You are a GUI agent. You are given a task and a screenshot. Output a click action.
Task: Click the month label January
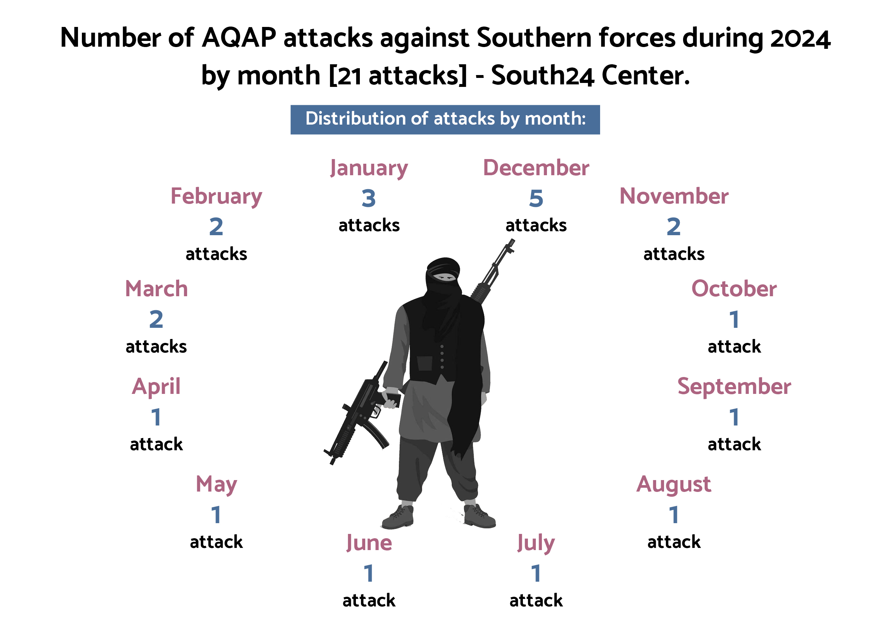(x=369, y=169)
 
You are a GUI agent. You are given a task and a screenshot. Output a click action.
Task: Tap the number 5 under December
(x=536, y=199)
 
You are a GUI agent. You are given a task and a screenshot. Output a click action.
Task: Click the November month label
(x=674, y=196)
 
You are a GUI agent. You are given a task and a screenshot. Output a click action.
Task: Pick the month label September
(x=734, y=387)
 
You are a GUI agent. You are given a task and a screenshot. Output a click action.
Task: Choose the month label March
(x=156, y=289)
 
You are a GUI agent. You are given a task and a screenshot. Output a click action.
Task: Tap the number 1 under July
(x=536, y=573)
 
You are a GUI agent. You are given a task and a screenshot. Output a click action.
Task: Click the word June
(x=369, y=543)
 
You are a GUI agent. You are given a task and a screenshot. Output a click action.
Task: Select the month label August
(x=674, y=485)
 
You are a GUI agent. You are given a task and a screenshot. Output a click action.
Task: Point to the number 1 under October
(x=734, y=319)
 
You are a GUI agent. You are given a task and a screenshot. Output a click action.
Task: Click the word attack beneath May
(x=216, y=542)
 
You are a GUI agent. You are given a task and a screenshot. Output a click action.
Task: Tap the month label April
(x=156, y=387)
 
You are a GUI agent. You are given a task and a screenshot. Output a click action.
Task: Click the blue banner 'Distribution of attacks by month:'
(x=445, y=120)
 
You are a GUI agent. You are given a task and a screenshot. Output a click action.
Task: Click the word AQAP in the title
(x=239, y=38)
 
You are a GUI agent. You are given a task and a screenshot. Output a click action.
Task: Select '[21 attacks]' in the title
(x=398, y=75)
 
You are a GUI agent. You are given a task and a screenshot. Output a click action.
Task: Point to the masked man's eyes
(x=444, y=277)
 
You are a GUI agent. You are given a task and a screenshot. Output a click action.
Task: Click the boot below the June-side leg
(x=398, y=517)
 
